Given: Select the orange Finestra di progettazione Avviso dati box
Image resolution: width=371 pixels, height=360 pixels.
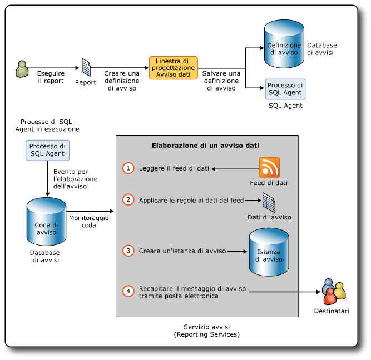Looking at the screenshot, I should [x=173, y=67].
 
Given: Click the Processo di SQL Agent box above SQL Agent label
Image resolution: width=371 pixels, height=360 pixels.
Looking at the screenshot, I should [x=285, y=89].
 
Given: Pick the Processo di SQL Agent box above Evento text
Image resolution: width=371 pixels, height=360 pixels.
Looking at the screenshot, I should [x=47, y=150].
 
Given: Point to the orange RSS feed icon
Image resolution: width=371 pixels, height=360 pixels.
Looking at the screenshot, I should [x=269, y=167].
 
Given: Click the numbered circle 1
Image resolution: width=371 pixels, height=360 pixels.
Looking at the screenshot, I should [x=128, y=168].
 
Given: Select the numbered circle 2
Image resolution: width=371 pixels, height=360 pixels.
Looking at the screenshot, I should [x=128, y=199].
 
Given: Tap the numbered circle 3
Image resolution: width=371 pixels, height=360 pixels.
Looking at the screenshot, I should [x=128, y=251].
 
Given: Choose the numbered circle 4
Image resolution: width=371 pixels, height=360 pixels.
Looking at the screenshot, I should [x=128, y=291].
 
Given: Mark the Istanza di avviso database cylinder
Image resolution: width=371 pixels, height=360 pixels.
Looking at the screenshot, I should [x=269, y=253].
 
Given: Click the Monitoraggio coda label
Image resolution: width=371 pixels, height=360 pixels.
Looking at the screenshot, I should [x=89, y=222].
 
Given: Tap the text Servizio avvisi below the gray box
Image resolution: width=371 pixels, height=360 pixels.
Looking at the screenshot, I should [x=206, y=327].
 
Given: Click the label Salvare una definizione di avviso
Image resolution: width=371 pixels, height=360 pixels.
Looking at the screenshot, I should [x=221, y=81].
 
